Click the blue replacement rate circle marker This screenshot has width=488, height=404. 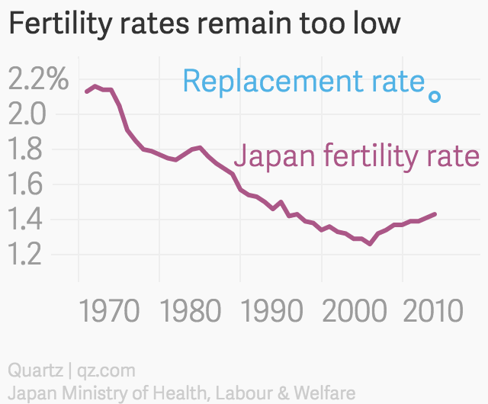pos(435,97)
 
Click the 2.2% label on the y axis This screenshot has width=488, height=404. pos(37,79)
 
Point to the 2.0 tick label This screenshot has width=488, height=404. pos(28,114)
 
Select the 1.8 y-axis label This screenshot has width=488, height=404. pos(28,149)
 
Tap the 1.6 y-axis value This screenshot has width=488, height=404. pos(28,184)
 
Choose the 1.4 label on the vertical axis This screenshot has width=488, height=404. pos(28,220)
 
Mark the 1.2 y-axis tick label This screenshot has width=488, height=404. pos(28,255)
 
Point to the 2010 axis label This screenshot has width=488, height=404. pos(431,313)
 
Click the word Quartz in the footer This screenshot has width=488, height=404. pos(34,371)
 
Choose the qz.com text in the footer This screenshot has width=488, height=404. pos(105,371)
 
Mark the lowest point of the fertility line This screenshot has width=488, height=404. pos(370,244)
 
